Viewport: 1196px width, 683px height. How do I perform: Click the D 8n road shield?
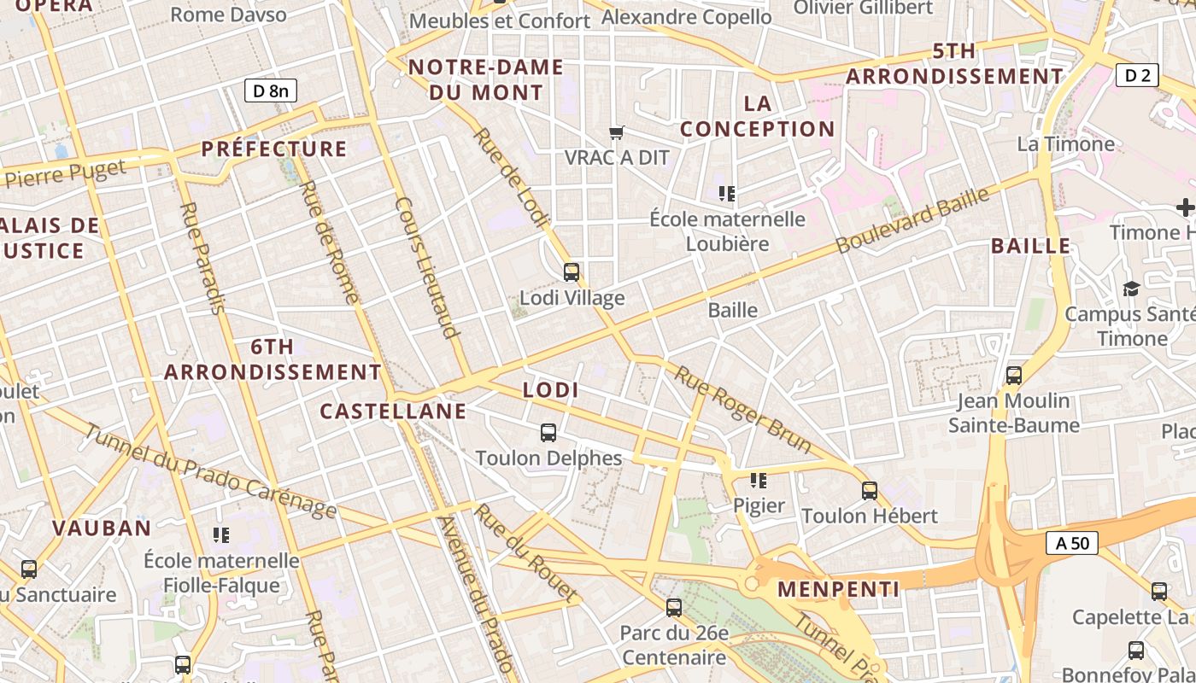[x=271, y=90]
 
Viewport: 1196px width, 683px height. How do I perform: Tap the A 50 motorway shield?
[x=1071, y=542]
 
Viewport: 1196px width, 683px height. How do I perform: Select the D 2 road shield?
[x=1137, y=75]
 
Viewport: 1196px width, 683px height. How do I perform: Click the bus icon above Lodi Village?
[x=572, y=272]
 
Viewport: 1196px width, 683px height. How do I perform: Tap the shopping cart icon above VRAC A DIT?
[x=616, y=132]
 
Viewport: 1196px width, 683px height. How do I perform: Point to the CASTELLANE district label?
[x=393, y=412]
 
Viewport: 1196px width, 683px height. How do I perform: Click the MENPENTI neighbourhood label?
[x=838, y=589]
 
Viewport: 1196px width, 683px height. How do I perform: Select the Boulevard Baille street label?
[x=912, y=219]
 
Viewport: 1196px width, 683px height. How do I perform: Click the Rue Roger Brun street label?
[x=742, y=409]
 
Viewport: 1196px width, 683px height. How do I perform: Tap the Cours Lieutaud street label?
[x=428, y=267]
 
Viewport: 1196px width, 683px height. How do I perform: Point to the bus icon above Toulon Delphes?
[x=548, y=433]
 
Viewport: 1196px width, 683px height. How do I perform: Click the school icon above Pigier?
[x=758, y=481]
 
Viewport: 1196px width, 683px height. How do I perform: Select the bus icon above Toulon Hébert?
[x=870, y=491]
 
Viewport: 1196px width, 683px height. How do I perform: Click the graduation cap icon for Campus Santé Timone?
[x=1131, y=289]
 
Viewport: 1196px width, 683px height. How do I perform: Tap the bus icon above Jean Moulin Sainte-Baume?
[x=1014, y=375]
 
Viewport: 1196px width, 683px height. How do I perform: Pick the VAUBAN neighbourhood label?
[x=102, y=528]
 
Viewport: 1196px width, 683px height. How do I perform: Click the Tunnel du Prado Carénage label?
[x=210, y=470]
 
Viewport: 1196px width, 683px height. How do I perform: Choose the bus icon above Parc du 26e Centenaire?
[x=674, y=608]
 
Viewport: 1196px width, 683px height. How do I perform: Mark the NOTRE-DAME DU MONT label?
[x=485, y=79]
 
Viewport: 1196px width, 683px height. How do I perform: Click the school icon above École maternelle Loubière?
[x=727, y=194]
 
